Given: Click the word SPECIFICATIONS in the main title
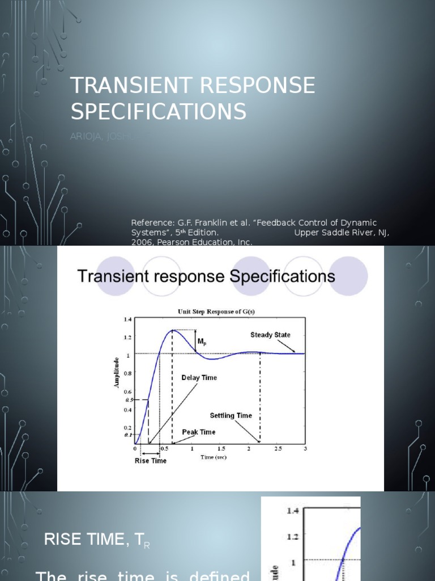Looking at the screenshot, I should pos(159,112).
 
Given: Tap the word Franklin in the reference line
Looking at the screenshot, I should pos(212,223).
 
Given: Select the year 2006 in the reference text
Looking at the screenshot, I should pos(141,242).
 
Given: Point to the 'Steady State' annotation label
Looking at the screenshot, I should pos(270,335).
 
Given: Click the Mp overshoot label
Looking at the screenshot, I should pos(202,342).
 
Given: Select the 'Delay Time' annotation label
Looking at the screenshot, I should pos(199,377).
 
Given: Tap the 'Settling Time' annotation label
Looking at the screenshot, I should pos(231,415).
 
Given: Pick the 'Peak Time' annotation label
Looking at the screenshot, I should pos(198,432).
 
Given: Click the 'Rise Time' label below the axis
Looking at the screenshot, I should pos(151,461).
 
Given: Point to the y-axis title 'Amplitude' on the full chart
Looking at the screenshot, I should pos(117,372).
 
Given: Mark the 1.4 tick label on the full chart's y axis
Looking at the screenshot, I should pos(127,319).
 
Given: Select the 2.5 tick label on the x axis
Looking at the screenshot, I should pos(277,449).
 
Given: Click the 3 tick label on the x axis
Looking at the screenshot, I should pos(305,449).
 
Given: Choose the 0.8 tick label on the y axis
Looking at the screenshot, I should pos(127,373).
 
